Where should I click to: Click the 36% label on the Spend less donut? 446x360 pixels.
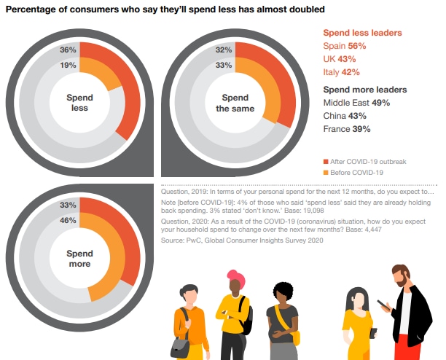tap(68, 50)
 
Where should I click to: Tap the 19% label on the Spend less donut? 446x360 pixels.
tap(68, 65)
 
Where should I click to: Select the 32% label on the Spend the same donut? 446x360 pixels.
tap(224, 50)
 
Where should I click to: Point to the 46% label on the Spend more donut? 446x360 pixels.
tap(68, 219)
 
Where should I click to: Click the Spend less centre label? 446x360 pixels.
tap(79, 102)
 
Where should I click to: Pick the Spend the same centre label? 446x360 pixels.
tap(235, 102)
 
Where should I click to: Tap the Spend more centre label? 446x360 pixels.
tap(79, 258)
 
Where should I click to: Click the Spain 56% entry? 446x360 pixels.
tap(344, 46)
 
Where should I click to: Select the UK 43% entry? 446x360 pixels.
tap(339, 58)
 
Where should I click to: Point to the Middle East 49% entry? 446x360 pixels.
tap(356, 103)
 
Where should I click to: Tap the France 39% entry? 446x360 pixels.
tap(347, 128)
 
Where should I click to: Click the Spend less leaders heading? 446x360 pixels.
tap(361, 33)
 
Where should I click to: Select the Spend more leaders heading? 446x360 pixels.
tap(364, 90)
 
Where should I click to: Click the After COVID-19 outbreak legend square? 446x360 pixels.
tap(325, 160)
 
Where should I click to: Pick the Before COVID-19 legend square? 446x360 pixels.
tap(325, 172)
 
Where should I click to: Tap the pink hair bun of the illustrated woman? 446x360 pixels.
tap(235, 276)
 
